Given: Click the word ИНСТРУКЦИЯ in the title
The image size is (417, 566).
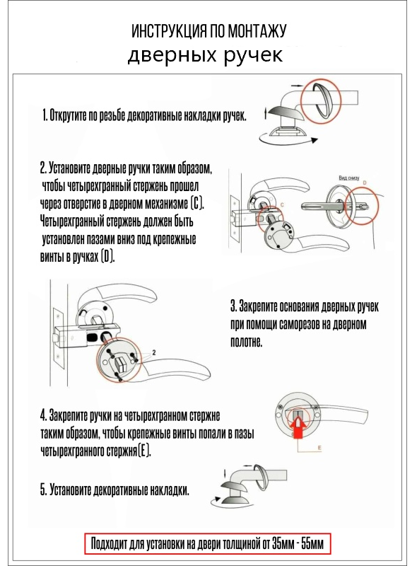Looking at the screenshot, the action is (169, 31).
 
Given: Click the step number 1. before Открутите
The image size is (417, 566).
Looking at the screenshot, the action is (45, 115).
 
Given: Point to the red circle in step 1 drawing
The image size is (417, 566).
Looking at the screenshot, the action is (321, 100).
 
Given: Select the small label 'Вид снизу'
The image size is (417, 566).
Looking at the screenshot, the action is (349, 178).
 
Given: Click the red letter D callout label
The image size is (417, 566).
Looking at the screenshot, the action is (364, 183).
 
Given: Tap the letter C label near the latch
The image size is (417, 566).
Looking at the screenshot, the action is (282, 205).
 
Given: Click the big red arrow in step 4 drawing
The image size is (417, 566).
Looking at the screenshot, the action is (299, 427).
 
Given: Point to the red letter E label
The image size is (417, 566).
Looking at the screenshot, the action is (319, 448).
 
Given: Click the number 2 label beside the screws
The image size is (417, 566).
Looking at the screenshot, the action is (154, 352).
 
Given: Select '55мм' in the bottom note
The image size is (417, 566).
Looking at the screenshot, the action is (312, 543).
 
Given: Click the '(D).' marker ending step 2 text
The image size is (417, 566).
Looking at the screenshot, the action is (108, 257).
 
